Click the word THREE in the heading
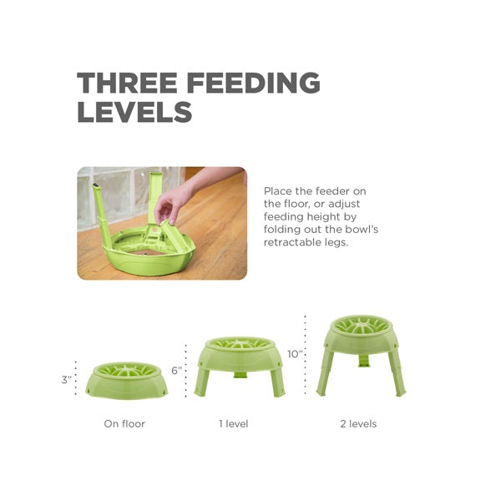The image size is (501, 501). pyautogui.click(x=127, y=83)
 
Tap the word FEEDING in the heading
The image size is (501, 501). pyautogui.click(x=254, y=83)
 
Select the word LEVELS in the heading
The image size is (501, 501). pyautogui.click(x=134, y=112)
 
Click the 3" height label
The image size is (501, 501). pyautogui.click(x=67, y=380)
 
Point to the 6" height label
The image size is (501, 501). pyautogui.click(x=176, y=370)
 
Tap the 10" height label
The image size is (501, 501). pyautogui.click(x=295, y=354)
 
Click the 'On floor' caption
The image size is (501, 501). pyautogui.click(x=124, y=423)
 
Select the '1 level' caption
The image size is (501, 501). pyautogui.click(x=234, y=423)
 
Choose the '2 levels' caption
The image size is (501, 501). pyautogui.click(x=358, y=423)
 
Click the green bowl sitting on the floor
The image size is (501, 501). pyautogui.click(x=127, y=381)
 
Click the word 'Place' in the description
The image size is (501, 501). pyautogui.click(x=278, y=191)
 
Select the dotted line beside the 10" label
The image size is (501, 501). pyautogui.click(x=306, y=355)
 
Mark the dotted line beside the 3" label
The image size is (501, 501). pyautogui.click(x=76, y=378)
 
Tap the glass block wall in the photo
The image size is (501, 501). pyautogui.click(x=128, y=195)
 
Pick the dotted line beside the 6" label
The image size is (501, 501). pyautogui.click(x=185, y=371)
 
